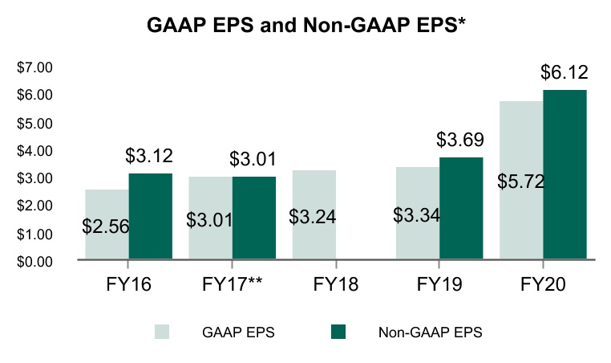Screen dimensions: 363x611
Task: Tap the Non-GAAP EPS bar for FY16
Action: point(150,217)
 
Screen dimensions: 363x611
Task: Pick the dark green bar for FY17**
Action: point(254,218)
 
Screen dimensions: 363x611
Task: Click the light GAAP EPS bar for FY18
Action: point(314,241)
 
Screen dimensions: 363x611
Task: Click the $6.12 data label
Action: point(564,72)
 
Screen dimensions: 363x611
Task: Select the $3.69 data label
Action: point(461,140)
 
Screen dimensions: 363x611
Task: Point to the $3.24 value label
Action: point(313,215)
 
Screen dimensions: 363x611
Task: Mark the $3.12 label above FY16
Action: point(150,156)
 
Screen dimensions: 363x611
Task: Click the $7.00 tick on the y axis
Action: point(34,67)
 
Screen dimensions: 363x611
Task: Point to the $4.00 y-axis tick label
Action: point(34,150)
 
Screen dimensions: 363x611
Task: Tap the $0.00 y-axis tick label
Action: point(34,261)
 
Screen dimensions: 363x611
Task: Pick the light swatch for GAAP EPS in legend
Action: point(162,332)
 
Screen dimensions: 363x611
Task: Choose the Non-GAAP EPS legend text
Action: point(430,332)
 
